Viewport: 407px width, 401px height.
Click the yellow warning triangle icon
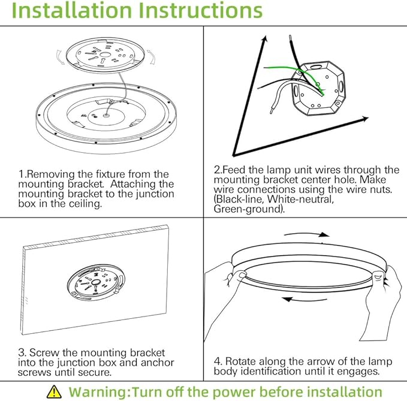pos(54,391)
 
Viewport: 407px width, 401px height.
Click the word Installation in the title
pos(72,10)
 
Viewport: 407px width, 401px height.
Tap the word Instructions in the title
pos(200,10)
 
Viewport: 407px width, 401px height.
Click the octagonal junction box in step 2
pos(319,88)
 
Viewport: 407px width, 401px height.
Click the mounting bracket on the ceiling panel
pos(95,283)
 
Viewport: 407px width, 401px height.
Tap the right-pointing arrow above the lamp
pos(307,234)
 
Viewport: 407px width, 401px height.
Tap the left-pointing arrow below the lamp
pos(305,300)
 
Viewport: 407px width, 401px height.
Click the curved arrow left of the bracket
pos(60,57)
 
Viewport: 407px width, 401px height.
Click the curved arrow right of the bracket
pos(151,57)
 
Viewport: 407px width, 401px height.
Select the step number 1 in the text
pos(21,174)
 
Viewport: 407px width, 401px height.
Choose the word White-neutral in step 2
pos(300,200)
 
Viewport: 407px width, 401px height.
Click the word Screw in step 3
pos(44,352)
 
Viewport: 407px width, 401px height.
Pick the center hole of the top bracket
pos(105,55)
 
